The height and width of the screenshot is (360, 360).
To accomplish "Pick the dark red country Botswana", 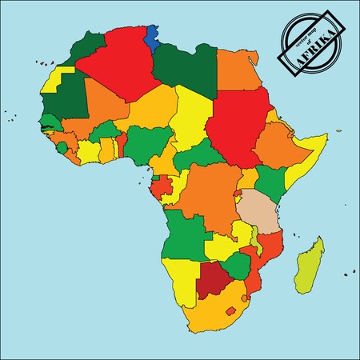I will coord(213,279).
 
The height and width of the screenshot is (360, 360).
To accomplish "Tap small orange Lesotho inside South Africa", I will coord(233,310).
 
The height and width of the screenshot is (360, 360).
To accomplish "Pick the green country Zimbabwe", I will coord(237,266).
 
